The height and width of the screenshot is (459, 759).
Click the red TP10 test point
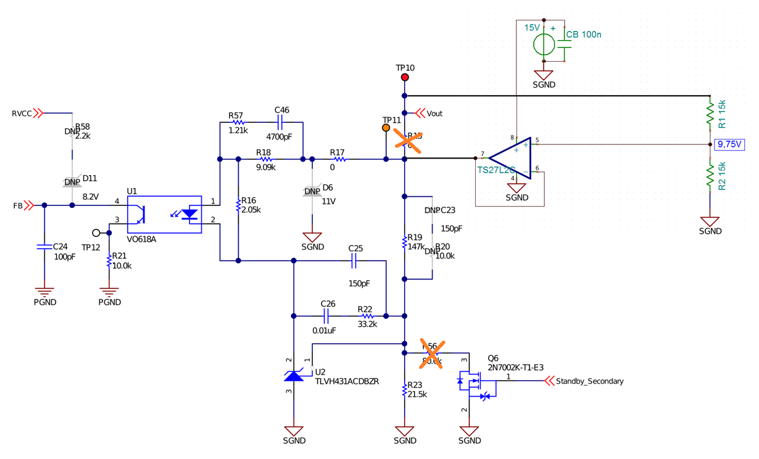click(405, 77)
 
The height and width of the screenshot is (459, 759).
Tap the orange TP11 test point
click(386, 128)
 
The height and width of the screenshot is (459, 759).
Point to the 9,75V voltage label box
click(729, 145)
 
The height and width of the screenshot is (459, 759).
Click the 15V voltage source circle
click(544, 44)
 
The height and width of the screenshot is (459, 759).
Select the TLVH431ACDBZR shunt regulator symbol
click(294, 374)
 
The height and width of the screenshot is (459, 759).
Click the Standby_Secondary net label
click(589, 381)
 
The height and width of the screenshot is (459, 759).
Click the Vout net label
click(434, 114)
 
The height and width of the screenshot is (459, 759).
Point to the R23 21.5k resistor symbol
click(405, 391)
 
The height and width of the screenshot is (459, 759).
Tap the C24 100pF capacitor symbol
click(44, 247)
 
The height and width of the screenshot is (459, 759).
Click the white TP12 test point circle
click(96, 233)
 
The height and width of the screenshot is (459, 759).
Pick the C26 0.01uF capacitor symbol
click(328, 316)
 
